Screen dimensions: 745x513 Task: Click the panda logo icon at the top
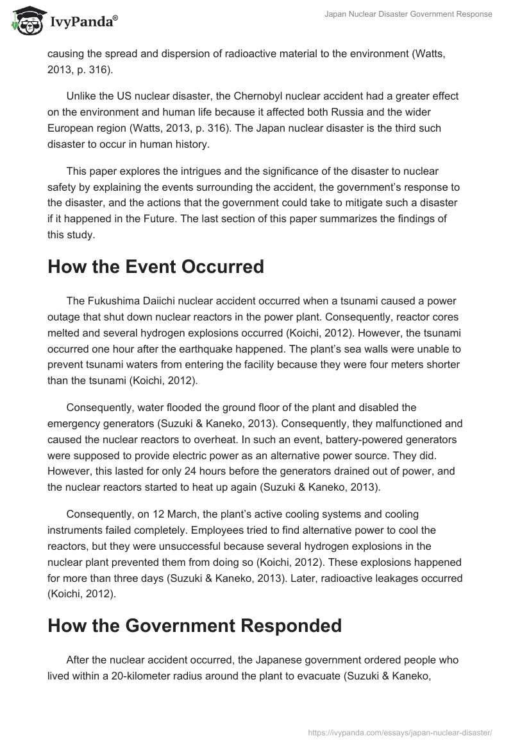pos(26,21)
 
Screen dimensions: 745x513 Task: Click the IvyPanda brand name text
pos(83,22)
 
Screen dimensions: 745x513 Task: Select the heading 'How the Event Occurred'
pos(156,267)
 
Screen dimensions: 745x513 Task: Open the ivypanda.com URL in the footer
pos(400,733)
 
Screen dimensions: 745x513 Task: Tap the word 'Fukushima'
pos(112,300)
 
